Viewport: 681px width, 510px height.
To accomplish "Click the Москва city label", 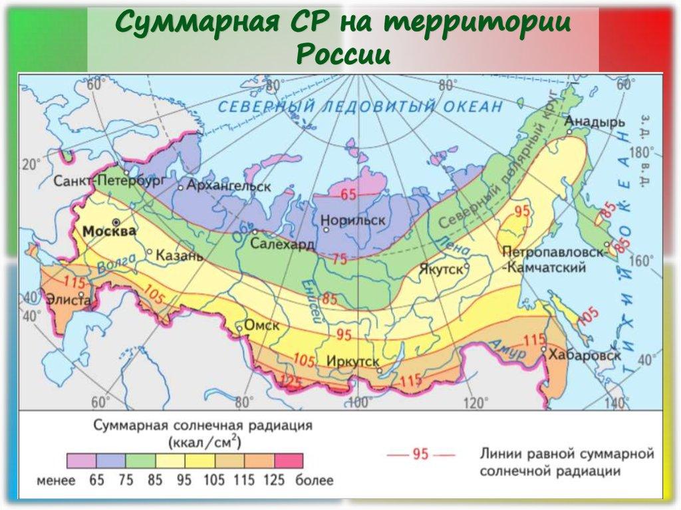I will [x=110, y=231].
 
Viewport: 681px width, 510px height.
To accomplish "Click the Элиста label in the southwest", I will [x=67, y=300].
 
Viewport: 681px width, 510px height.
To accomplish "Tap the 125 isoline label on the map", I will [x=288, y=382].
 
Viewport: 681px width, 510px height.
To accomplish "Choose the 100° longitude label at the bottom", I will [x=358, y=402].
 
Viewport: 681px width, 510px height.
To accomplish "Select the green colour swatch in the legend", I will [x=140, y=461].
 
